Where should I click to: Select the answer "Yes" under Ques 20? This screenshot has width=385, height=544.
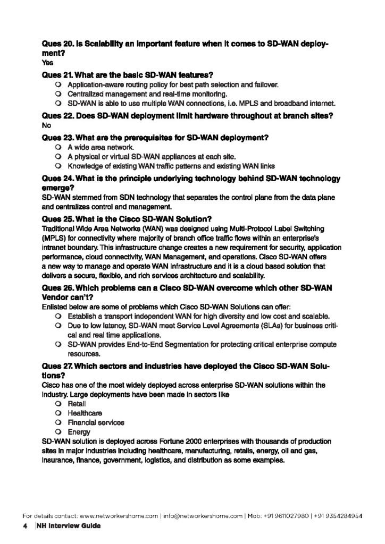46,63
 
